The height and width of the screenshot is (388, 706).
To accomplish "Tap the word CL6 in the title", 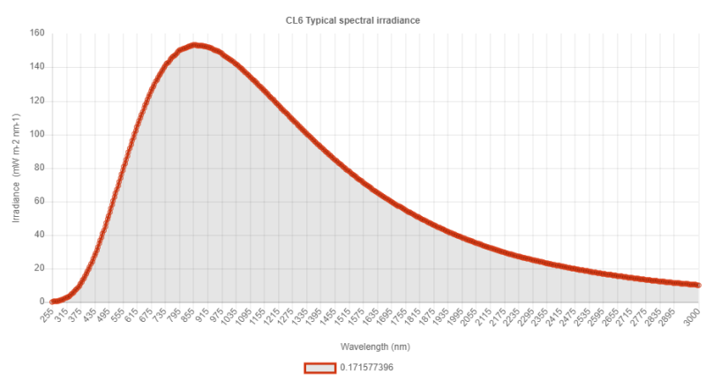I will click(x=304, y=19).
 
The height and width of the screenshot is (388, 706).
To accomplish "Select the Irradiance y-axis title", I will click(x=15, y=168).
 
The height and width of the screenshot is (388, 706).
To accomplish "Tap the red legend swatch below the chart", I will click(x=319, y=368).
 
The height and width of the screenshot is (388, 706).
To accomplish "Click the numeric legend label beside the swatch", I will click(x=366, y=368).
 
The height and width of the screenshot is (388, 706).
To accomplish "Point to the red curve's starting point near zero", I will click(x=52, y=301).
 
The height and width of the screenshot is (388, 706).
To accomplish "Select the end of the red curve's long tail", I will click(x=699, y=285).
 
